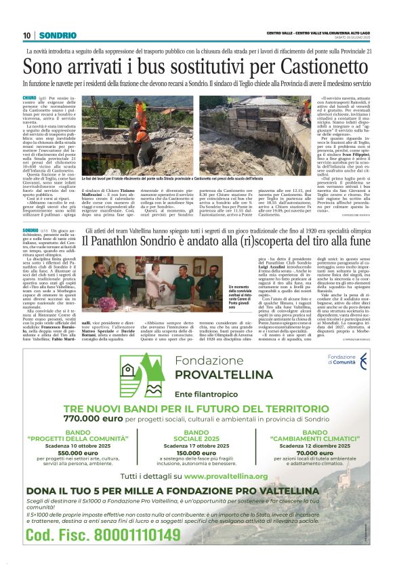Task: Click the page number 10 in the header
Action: (x=27, y=35)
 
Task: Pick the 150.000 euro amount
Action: (x=196, y=452)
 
